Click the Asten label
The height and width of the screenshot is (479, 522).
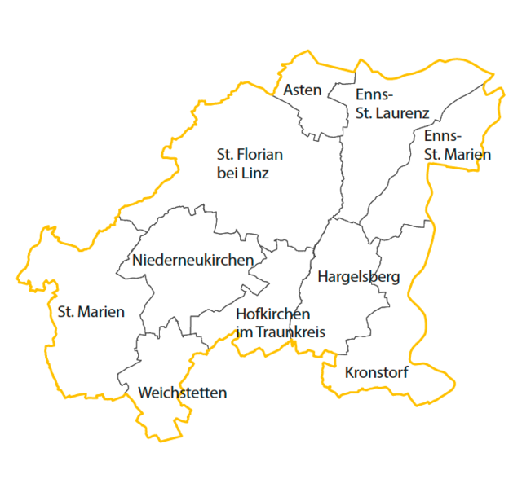303,90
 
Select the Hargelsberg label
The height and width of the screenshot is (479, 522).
359,277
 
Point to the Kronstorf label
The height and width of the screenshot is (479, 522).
376,373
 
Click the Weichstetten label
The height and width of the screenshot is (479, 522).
183,393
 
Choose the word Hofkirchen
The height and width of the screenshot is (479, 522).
272,314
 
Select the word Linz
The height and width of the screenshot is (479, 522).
254,174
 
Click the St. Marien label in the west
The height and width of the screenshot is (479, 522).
91,311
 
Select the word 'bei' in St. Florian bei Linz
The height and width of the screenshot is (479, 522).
228,174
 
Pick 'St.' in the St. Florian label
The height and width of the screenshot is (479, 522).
225,154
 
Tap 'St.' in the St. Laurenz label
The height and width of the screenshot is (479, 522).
365,114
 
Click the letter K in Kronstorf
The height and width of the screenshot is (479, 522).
350,373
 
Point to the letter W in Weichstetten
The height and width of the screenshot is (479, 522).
145,393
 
